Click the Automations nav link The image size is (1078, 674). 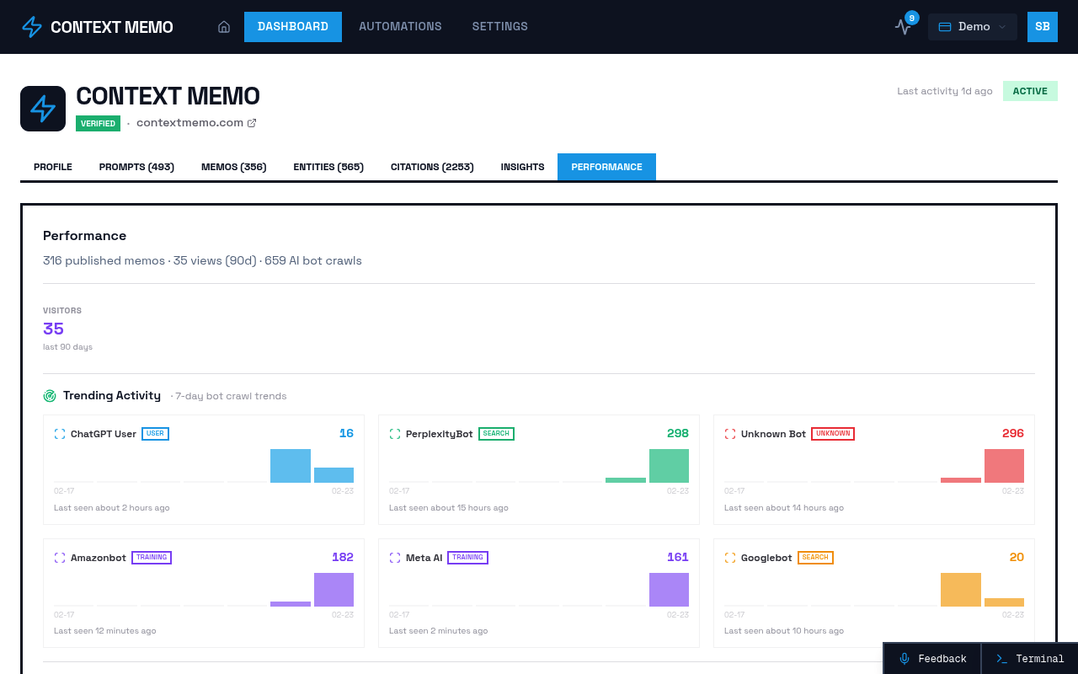point(400,26)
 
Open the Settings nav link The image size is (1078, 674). point(499,26)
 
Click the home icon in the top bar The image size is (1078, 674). point(224,27)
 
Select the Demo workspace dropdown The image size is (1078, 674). point(972,27)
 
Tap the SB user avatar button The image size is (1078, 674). point(1043,27)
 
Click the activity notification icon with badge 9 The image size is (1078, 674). point(904,26)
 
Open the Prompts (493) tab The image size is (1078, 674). point(136,167)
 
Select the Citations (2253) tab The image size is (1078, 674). point(432,167)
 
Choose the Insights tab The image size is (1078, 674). point(522,167)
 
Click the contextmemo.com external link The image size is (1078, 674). point(196,123)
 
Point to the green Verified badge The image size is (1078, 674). point(98,123)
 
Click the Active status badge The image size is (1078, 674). point(1030,91)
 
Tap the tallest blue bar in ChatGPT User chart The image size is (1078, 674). point(291,466)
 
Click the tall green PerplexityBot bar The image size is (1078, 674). point(669,466)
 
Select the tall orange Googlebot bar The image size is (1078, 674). point(960,590)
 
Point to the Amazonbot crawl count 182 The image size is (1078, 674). point(343,557)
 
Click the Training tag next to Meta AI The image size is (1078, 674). point(467,558)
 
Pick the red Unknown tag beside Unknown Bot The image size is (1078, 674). point(832,434)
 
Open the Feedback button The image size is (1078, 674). point(932,659)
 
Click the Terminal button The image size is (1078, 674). point(1030,659)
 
